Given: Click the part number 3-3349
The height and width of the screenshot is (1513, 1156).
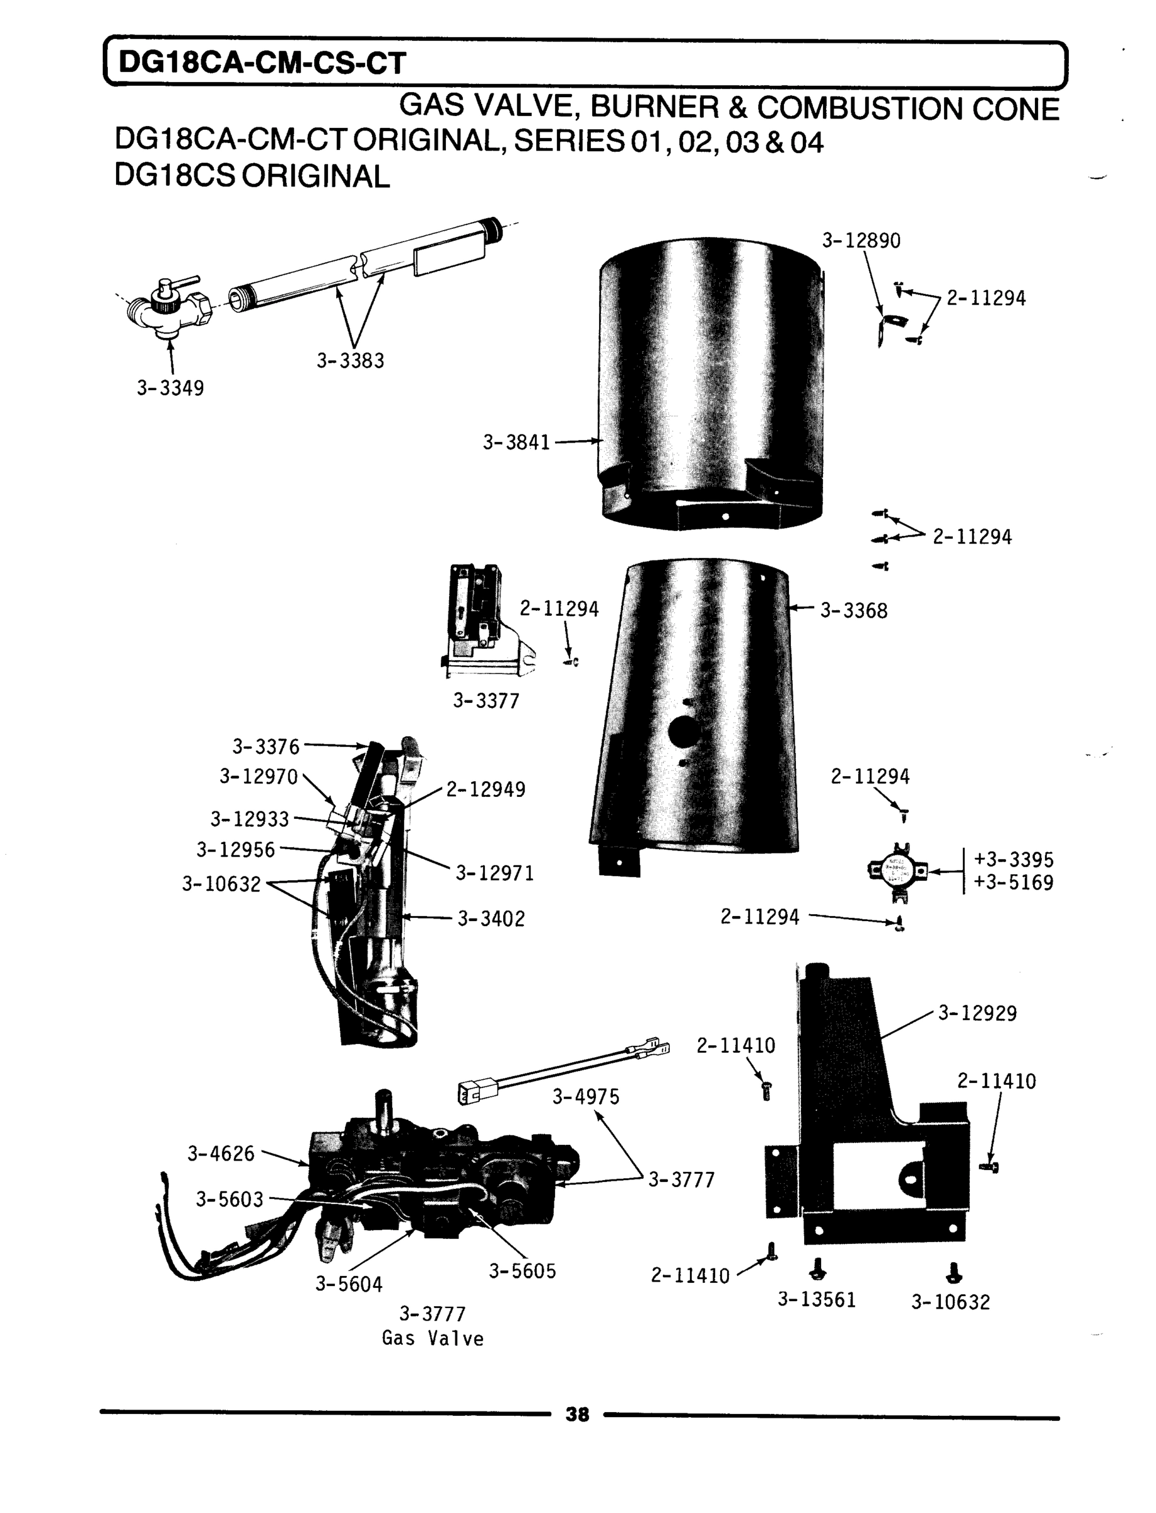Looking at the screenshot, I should [170, 388].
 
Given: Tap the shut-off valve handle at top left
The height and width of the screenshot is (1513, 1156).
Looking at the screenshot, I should [180, 283].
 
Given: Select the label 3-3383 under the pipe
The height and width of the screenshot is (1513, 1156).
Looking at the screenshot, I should [350, 361].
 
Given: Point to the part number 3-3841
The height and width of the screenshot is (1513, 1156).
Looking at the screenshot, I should [516, 442].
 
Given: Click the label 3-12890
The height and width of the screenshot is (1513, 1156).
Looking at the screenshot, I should [861, 241].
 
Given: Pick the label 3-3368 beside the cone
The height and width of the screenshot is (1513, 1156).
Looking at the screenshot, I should [853, 611].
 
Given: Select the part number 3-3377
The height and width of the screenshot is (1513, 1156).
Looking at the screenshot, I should [486, 701].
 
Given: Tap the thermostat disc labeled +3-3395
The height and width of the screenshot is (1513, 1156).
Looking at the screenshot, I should [897, 871].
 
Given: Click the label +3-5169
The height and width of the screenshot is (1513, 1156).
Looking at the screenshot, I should [1013, 883].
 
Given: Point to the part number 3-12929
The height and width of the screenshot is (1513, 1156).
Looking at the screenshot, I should [977, 1014].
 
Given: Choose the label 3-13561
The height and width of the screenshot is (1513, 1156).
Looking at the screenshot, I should [817, 1300].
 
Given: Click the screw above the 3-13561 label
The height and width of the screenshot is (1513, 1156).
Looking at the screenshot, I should [817, 1270].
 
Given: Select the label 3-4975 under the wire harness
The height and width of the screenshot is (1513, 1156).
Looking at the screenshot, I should [586, 1097].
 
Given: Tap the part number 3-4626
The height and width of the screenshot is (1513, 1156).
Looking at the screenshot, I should [221, 1153].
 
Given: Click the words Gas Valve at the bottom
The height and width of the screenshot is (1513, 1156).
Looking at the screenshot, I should [433, 1339].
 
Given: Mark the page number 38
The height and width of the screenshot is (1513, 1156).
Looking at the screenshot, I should [577, 1414].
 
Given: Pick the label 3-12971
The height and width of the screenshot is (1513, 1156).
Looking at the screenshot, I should [494, 873].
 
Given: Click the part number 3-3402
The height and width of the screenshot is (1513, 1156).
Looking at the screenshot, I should [491, 919].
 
